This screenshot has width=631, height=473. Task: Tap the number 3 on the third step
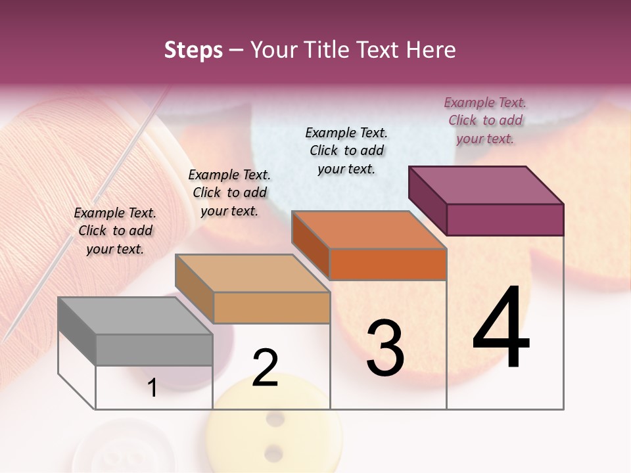(x=385, y=348)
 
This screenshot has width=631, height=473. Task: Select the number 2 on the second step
(x=265, y=368)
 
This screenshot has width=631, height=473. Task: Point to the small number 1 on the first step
(x=152, y=388)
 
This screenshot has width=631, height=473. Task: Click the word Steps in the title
(x=193, y=50)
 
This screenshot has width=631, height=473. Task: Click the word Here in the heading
(x=432, y=50)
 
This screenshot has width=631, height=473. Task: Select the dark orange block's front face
(x=388, y=264)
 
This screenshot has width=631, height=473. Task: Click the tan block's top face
(x=252, y=273)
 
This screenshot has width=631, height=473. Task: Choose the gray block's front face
(x=154, y=349)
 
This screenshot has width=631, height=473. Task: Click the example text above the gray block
(x=115, y=231)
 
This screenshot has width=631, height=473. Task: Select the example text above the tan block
(x=229, y=192)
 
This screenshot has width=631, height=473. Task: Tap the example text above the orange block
(x=346, y=150)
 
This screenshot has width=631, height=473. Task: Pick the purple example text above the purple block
(x=485, y=120)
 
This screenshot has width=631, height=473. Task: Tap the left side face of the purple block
(x=427, y=200)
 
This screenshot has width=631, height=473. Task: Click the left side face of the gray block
(x=77, y=330)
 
